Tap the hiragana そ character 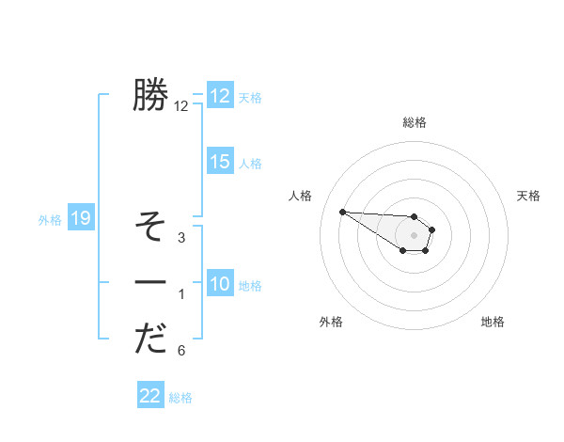[150, 227]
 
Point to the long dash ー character [150, 283]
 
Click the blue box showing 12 [219, 96]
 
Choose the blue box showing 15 [219, 162]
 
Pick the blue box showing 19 [80, 219]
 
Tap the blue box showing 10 [219, 284]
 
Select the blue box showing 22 [150, 396]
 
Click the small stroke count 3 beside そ [181, 238]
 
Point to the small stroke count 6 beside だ [181, 351]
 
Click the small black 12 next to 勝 [181, 106]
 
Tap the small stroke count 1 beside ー [181, 294]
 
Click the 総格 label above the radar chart [415, 122]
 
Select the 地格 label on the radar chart [493, 322]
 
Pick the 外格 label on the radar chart [331, 322]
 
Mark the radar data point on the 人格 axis [342, 212]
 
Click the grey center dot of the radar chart [414, 235]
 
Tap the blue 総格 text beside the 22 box [180, 398]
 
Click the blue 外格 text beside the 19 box [50, 220]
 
